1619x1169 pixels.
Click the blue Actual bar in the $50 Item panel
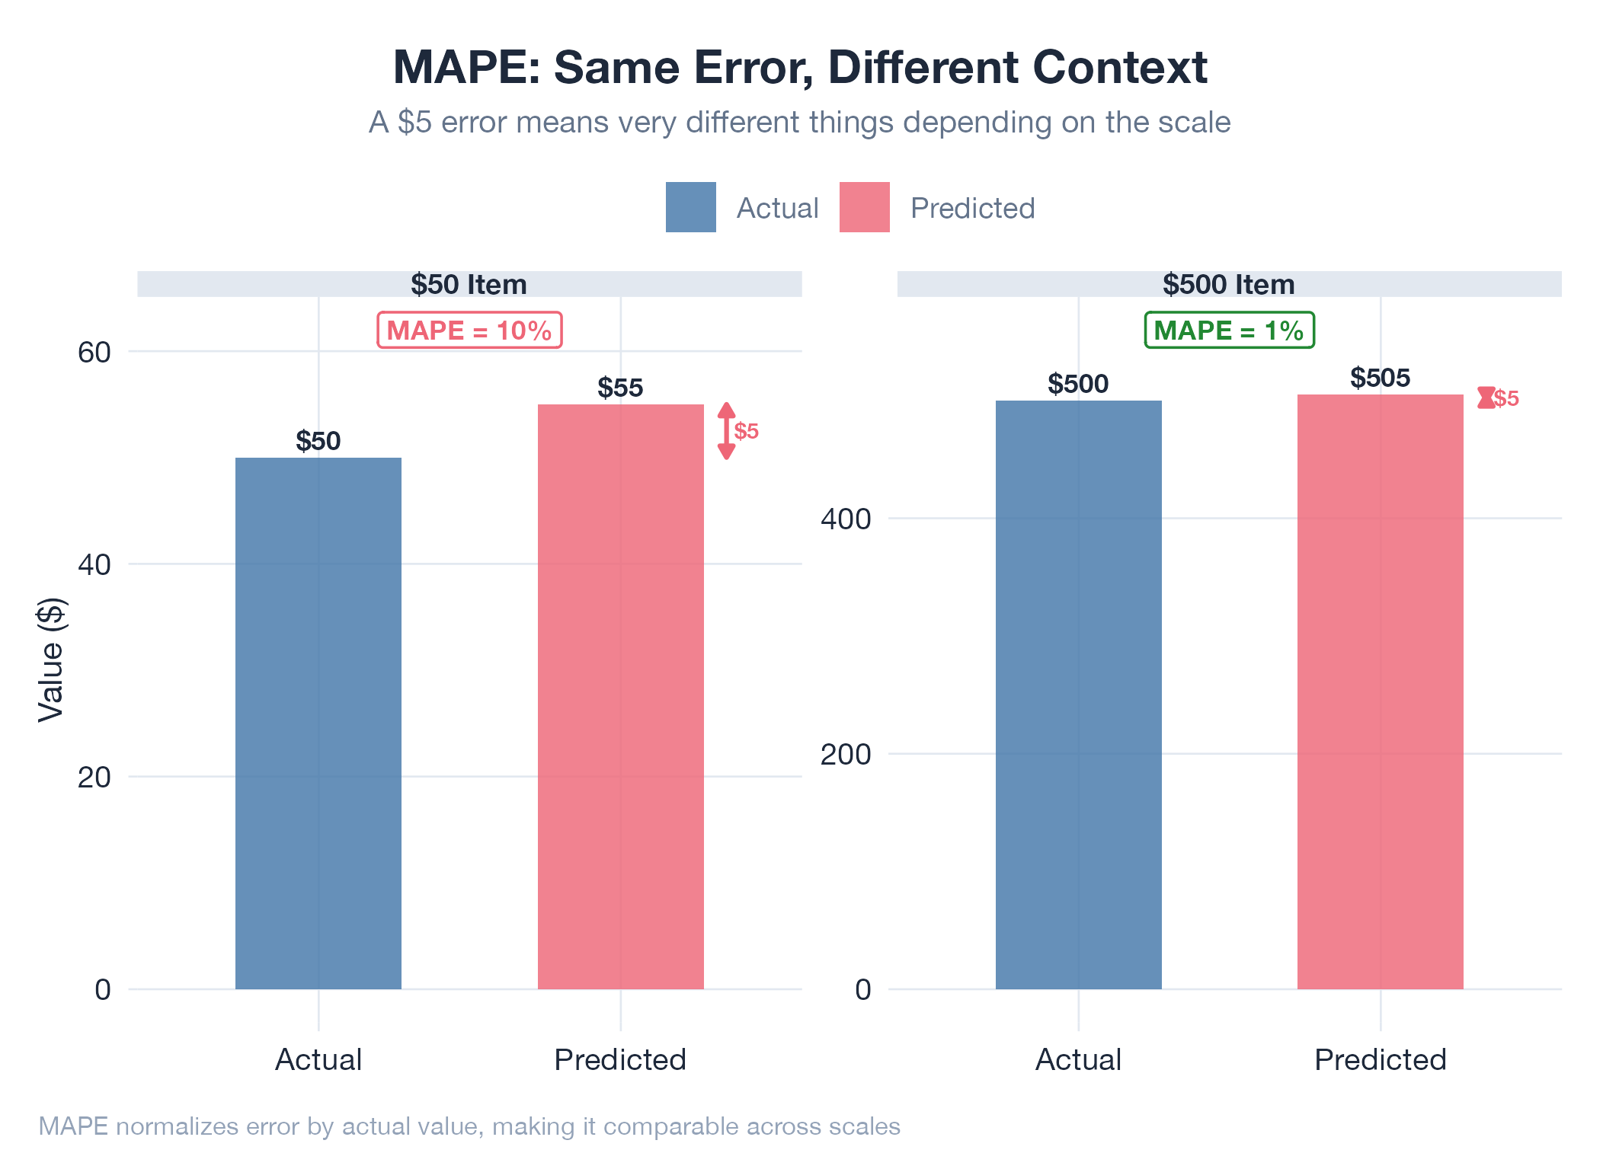(318, 723)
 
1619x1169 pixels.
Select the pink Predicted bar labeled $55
(621, 697)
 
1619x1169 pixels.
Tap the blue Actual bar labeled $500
(1079, 695)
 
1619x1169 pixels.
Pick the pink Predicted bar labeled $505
(1381, 691)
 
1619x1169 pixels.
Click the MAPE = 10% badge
(469, 331)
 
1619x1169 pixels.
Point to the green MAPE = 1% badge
(1230, 331)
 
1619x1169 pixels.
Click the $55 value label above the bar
(620, 388)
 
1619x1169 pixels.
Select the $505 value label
(1381, 378)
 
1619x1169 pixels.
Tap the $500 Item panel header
(1229, 284)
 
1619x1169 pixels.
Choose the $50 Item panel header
(469, 284)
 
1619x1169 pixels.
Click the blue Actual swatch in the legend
(691, 207)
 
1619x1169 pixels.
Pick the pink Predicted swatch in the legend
(865, 207)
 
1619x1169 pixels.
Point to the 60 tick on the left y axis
(94, 353)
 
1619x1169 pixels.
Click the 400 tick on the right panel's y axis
(846, 519)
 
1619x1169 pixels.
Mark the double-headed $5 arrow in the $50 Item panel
(727, 431)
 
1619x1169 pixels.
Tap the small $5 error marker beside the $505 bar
(1486, 398)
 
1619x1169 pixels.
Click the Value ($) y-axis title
(52, 660)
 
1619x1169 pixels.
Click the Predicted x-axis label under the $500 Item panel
(1381, 1059)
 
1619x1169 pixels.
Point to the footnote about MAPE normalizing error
(469, 1126)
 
